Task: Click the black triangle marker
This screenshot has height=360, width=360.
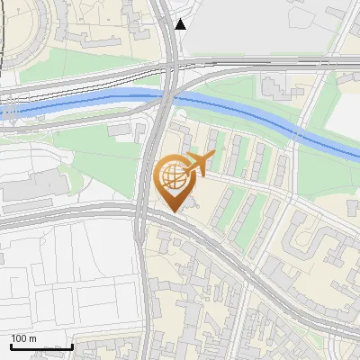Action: [x=181, y=24]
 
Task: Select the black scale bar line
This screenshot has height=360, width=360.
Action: [x=41, y=346]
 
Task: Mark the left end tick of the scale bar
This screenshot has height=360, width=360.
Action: [x=11, y=346]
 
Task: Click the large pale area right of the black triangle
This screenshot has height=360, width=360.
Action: [x=261, y=27]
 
